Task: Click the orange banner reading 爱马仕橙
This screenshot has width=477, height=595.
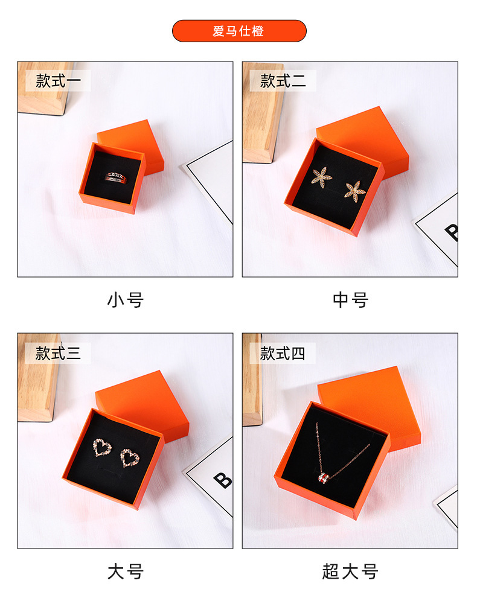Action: pos(239,31)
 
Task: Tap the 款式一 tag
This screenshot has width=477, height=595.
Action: pos(58,81)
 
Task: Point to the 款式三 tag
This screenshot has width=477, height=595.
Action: pos(58,353)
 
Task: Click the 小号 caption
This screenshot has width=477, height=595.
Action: pos(125,299)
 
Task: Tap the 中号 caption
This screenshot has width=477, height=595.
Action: pos(350,299)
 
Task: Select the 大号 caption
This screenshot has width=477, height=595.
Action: pos(125,571)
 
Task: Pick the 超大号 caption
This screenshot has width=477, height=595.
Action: pos(350,571)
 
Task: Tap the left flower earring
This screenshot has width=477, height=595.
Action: pos(321,176)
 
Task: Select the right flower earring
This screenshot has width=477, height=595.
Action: pos(354,191)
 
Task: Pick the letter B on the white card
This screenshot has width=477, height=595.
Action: pos(222,480)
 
